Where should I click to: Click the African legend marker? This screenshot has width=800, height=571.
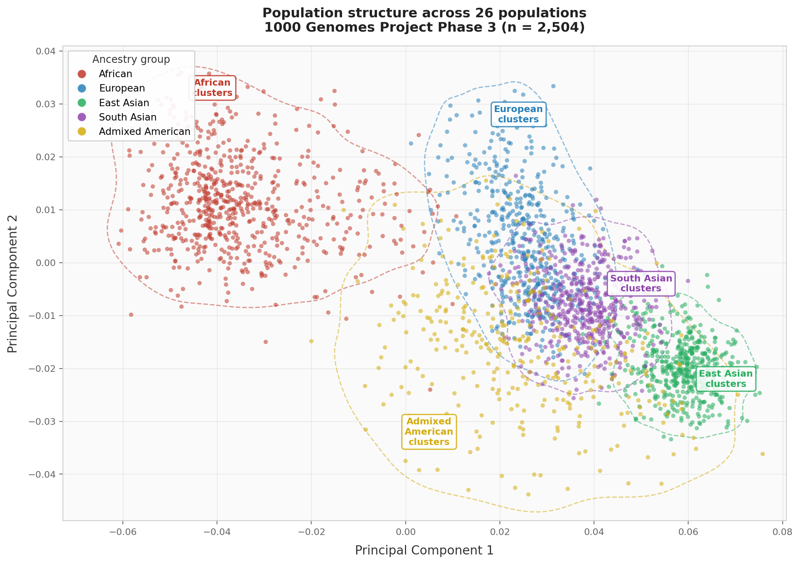point(82,74)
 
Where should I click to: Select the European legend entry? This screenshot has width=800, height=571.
point(122,89)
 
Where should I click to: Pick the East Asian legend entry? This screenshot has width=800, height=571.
point(124,103)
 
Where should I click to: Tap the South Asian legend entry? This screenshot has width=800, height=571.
point(128,117)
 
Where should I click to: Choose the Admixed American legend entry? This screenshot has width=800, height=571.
point(145,132)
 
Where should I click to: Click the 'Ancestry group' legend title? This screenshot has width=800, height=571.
point(131,60)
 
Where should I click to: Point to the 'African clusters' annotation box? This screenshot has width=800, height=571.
point(212,88)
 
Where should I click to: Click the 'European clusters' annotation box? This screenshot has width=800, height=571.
point(518,114)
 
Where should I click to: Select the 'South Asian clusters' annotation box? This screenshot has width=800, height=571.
point(641,283)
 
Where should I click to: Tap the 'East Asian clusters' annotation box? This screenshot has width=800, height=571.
point(725,379)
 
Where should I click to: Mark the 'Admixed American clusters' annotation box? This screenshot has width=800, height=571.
point(429,432)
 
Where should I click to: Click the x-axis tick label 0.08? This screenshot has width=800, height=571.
point(782,532)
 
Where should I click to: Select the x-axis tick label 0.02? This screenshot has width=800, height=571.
point(499,532)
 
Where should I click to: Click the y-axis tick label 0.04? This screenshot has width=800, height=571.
point(46,51)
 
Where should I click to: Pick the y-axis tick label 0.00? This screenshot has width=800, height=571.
point(46,263)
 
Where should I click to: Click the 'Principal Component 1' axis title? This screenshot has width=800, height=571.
point(424,550)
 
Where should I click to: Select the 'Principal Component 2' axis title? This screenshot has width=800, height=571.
point(13,284)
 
